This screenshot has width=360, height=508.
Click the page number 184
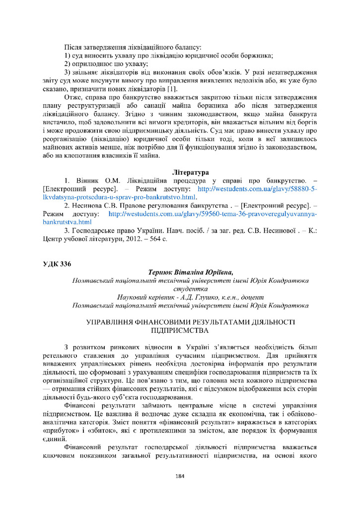(180, 476)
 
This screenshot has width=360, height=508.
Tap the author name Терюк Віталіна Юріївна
(190, 272)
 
